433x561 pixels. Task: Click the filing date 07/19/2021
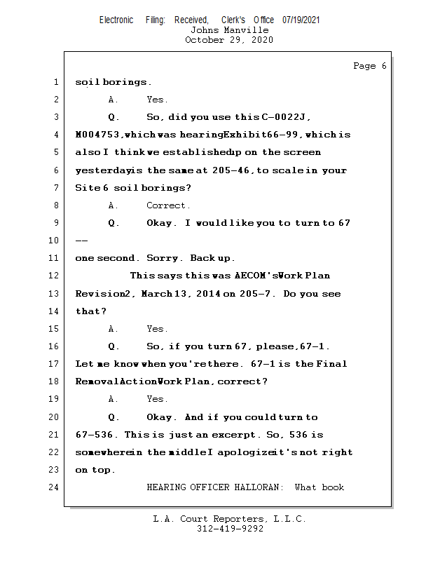(301, 20)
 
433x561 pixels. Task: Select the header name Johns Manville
(229, 30)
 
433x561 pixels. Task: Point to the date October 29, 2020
(229, 40)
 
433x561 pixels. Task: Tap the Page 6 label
(369, 66)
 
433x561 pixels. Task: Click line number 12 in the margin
(55, 276)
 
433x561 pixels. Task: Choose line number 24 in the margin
(55, 487)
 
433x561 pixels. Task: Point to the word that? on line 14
(91, 311)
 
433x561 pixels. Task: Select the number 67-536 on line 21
(97, 435)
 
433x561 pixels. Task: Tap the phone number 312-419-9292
(230, 529)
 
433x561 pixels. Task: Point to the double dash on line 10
(81, 241)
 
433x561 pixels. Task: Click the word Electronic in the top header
(116, 20)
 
